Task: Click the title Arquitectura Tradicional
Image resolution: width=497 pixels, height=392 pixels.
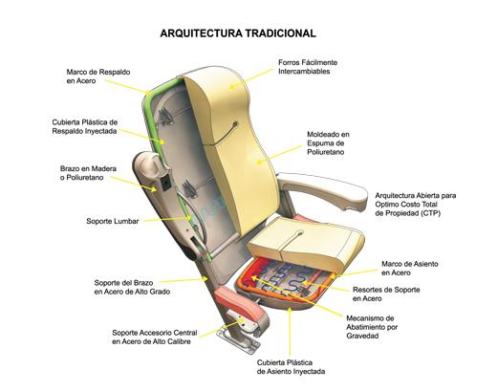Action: [238, 33]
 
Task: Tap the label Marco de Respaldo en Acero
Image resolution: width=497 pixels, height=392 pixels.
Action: [98, 76]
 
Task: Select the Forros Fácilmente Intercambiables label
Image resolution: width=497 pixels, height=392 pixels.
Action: [308, 67]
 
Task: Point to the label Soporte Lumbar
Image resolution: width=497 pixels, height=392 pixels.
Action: [113, 221]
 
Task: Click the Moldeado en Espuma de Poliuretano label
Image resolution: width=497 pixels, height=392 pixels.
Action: [328, 143]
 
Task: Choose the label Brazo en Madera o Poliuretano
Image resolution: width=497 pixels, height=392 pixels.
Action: [88, 173]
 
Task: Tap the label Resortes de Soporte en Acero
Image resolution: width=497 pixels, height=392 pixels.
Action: [386, 294]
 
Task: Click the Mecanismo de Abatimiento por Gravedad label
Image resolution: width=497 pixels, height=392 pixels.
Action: [372, 327]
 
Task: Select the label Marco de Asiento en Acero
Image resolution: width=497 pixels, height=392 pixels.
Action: [410, 269]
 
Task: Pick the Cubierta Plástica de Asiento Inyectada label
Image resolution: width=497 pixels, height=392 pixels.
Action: [291, 367]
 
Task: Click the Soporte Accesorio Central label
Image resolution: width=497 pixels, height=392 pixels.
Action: [155, 338]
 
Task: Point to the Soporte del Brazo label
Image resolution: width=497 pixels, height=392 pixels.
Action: [132, 287]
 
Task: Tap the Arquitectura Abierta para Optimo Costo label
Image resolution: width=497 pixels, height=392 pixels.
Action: [416, 205]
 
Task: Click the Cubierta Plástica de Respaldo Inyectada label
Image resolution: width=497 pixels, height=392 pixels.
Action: [85, 126]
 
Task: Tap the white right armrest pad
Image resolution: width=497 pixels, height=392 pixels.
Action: [322, 190]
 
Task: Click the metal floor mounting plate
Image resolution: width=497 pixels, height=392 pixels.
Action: [238, 342]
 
